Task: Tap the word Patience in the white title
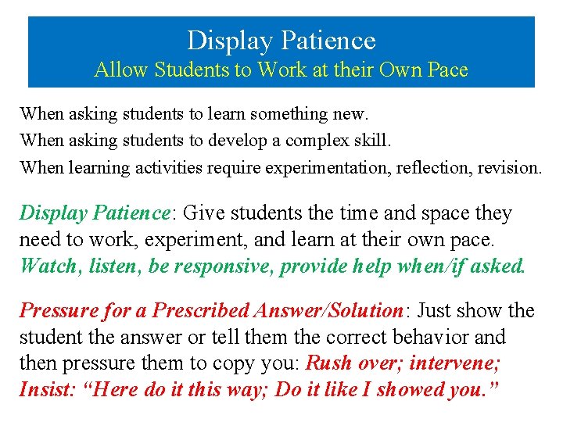[332, 40]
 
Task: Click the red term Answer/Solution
[328, 311]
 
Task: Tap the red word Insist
[44, 390]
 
